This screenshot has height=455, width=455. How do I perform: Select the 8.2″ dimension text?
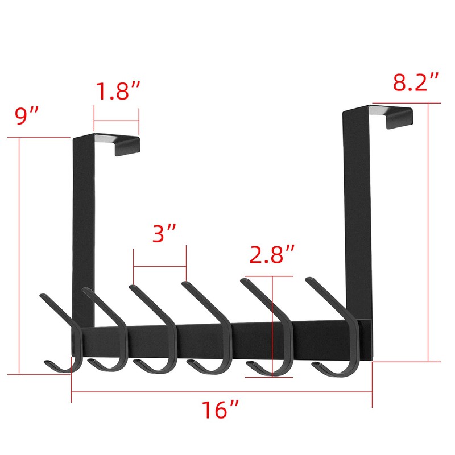[x=417, y=84]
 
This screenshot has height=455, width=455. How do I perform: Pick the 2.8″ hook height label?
[x=272, y=255]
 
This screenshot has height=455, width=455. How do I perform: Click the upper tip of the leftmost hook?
[x=43, y=295]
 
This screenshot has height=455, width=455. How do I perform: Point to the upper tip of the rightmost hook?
[x=308, y=279]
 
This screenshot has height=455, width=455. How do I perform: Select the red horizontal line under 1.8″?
[x=117, y=120]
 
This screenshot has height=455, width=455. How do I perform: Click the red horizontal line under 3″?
[x=159, y=266]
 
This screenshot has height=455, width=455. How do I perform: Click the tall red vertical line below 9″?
[x=19, y=256]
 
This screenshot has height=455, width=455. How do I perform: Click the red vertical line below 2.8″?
[x=274, y=324]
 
